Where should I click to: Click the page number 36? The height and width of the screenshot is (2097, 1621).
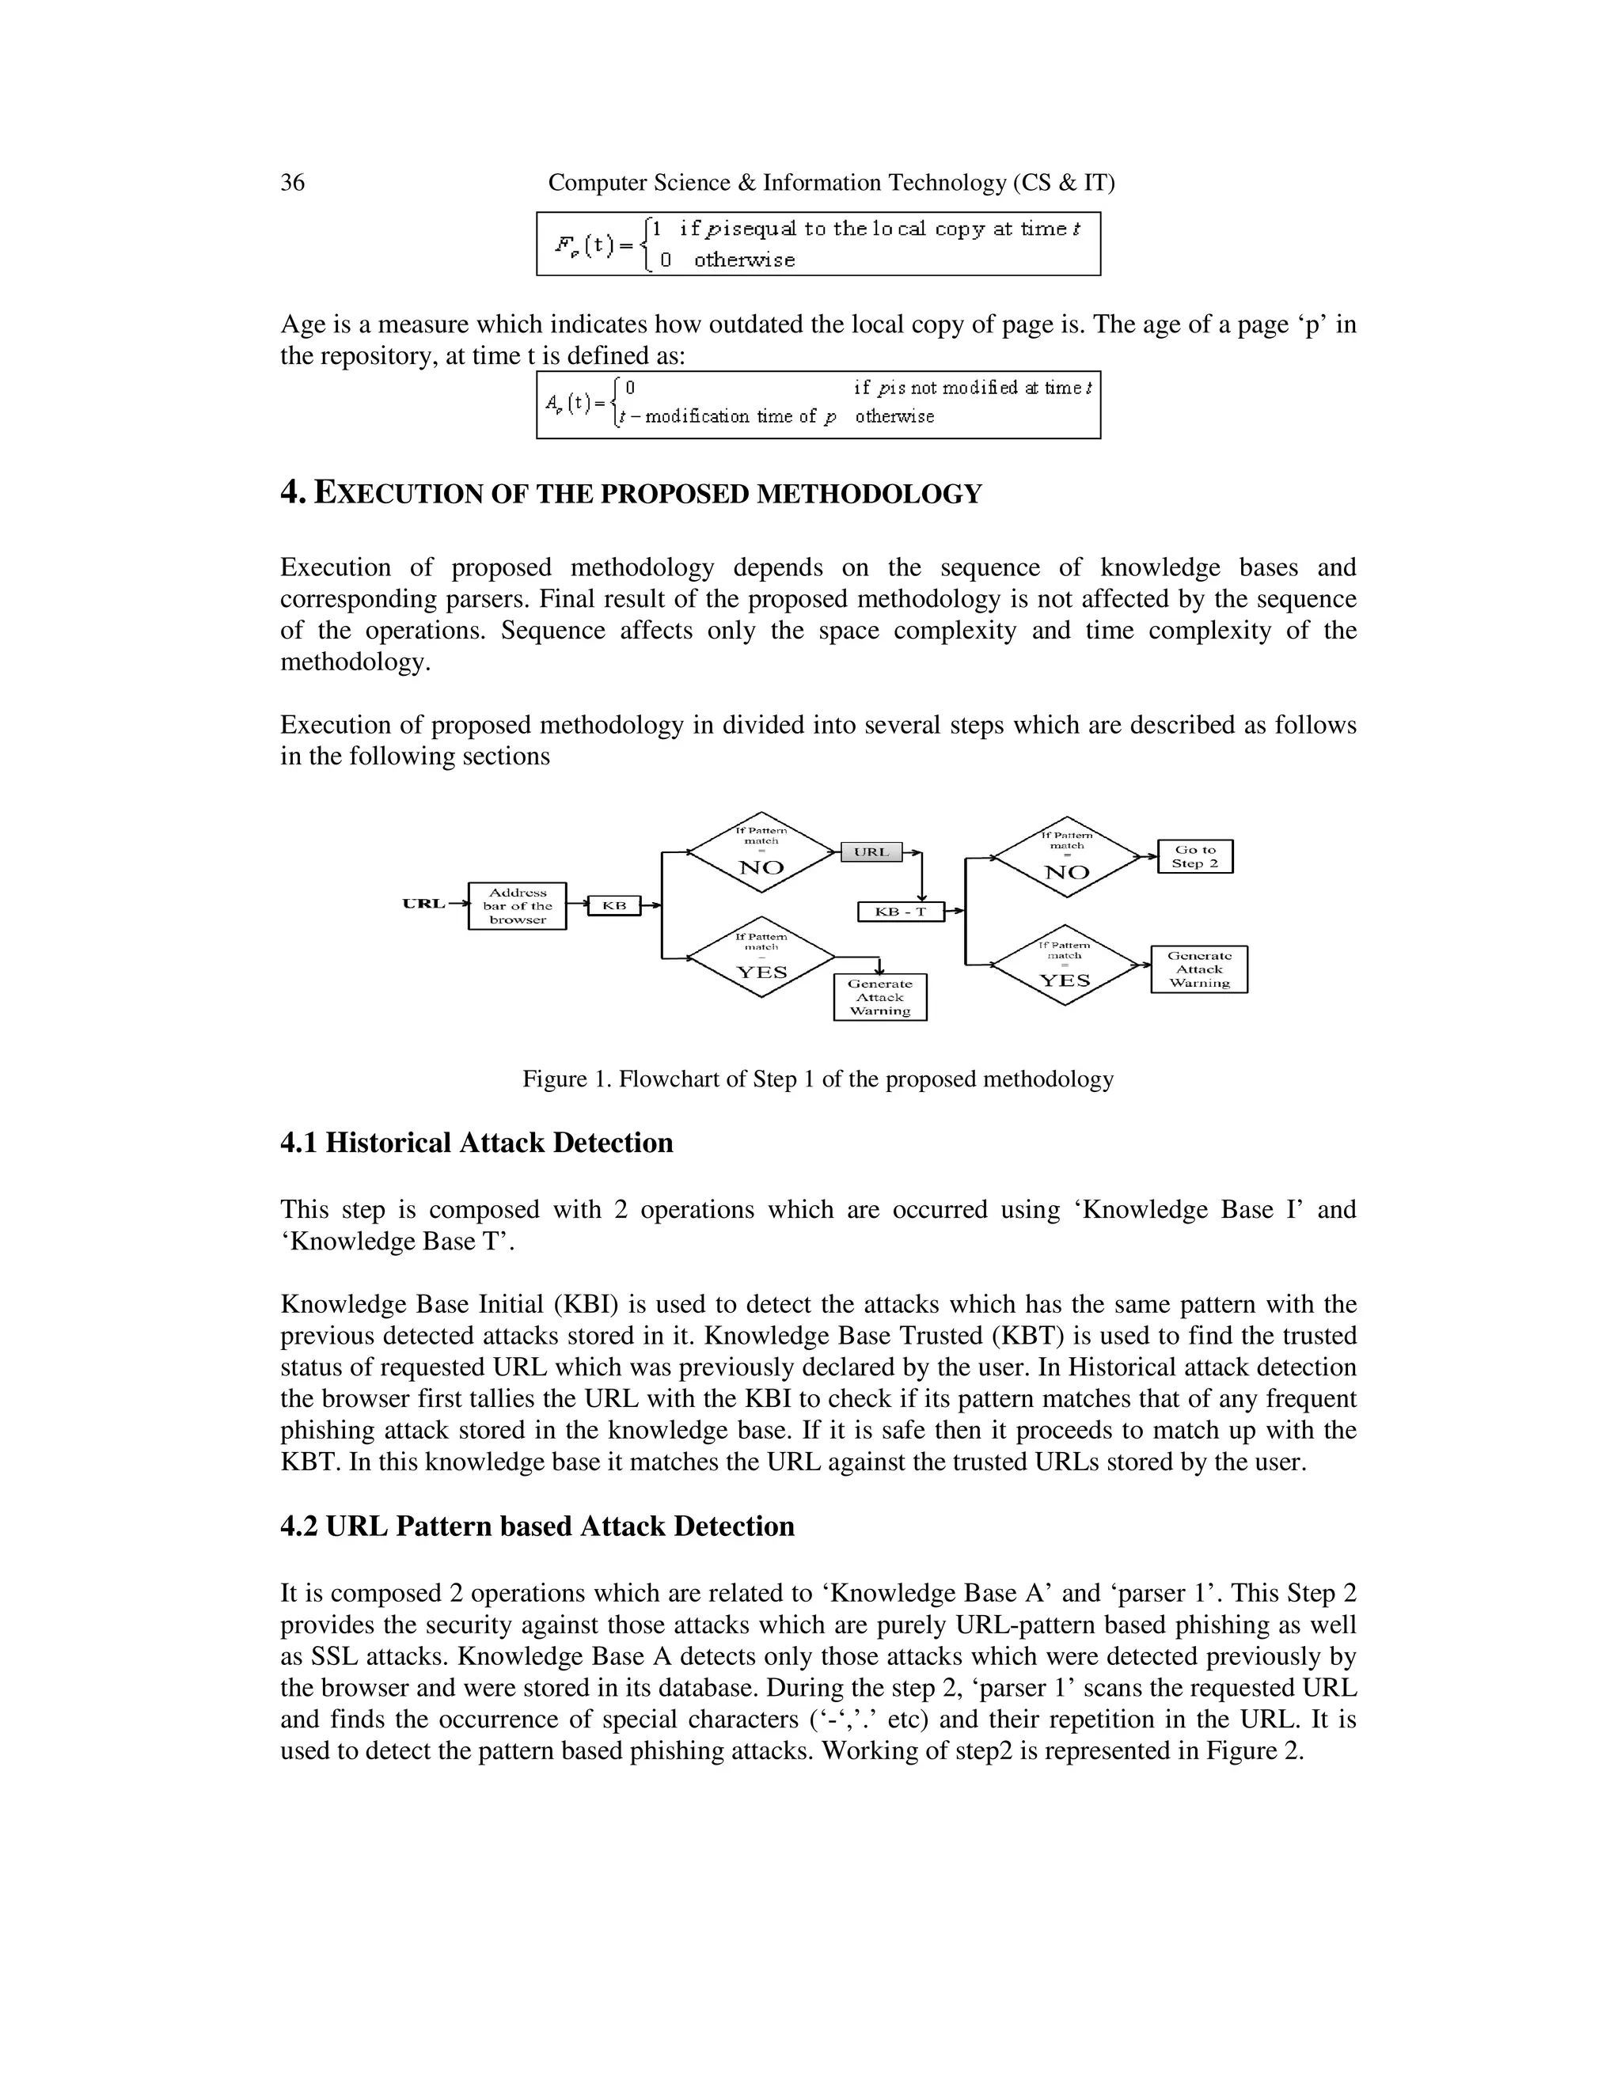click(292, 183)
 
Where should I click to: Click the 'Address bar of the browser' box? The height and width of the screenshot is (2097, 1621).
click(517, 905)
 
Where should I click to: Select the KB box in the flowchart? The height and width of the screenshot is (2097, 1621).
click(613, 904)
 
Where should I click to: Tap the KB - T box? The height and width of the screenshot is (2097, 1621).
click(900, 911)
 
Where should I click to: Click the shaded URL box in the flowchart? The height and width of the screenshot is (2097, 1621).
click(871, 851)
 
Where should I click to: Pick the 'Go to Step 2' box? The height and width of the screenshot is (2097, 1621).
click(1194, 856)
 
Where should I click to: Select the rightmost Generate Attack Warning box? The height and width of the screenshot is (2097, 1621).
click(1198, 969)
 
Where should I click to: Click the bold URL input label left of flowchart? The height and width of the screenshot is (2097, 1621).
click(423, 904)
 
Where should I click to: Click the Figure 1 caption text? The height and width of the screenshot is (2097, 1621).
click(817, 1079)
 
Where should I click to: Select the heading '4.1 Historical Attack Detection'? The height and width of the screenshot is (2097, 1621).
click(476, 1143)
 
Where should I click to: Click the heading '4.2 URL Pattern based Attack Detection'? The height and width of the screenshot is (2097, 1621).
click(537, 1526)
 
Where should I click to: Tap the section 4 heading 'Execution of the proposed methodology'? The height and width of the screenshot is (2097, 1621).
click(631, 494)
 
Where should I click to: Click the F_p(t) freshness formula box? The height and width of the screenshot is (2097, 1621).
click(818, 244)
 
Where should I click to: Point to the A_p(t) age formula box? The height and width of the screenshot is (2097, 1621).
click(818, 404)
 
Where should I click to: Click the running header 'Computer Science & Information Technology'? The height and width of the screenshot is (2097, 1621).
click(830, 183)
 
